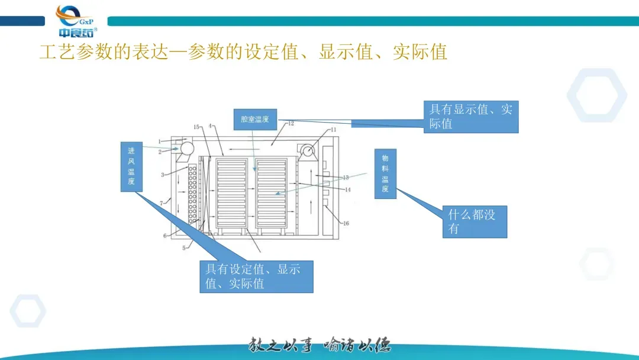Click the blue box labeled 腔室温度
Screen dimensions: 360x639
tap(255, 120)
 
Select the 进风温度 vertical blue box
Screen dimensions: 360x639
tap(131, 166)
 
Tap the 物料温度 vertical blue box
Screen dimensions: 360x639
tap(385, 173)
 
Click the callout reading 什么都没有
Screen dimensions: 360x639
tap(475, 222)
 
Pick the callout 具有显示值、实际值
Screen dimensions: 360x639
tap(471, 116)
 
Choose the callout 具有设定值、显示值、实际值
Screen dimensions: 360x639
tap(256, 277)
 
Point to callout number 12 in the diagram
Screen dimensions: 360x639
tap(291, 124)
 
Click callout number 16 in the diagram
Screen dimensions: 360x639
tap(346, 223)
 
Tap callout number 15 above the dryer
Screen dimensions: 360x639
tap(197, 127)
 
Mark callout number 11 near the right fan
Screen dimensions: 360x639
tap(333, 130)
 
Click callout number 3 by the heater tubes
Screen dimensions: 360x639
tap(162, 175)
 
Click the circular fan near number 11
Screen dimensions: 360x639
tap(306, 151)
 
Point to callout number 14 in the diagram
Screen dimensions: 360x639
tap(347, 189)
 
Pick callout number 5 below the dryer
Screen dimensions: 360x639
tap(184, 247)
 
